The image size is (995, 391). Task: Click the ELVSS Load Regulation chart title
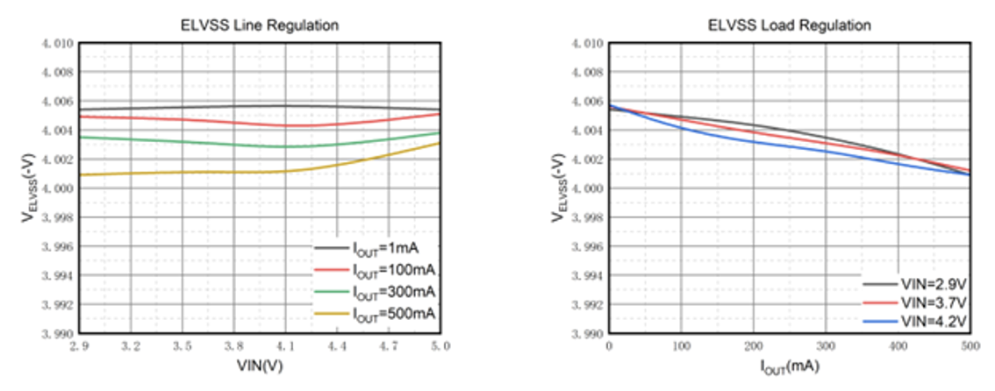pos(789,25)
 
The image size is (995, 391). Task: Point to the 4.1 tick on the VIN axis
pos(285,347)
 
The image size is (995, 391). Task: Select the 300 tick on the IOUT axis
pos(826,347)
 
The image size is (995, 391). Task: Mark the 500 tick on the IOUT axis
pos(969,347)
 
